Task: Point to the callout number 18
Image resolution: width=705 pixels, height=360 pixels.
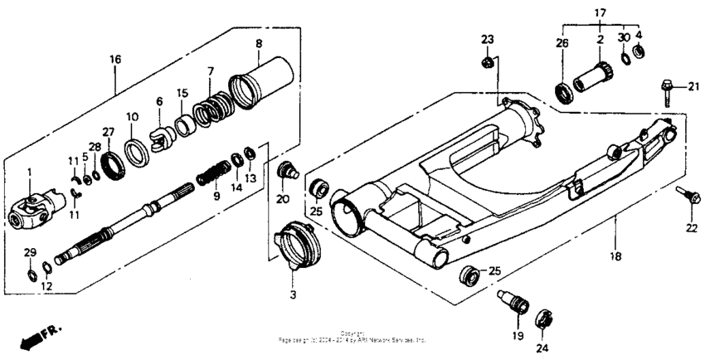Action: click(x=616, y=258)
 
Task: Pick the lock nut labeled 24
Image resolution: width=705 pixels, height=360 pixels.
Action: click(x=542, y=319)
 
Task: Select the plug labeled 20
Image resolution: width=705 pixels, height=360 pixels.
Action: click(x=289, y=173)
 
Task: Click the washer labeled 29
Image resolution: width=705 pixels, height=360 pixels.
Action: click(x=29, y=274)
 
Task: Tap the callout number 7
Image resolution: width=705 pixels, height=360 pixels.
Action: click(x=211, y=71)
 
